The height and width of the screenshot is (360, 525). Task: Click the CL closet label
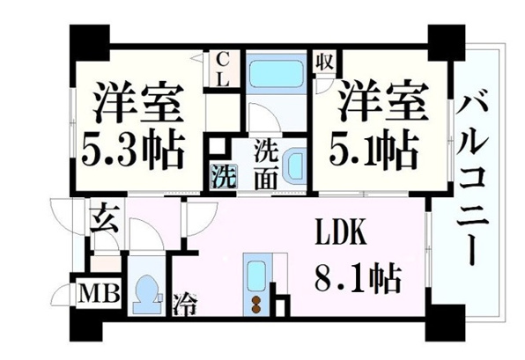pyautogui.click(x=222, y=70)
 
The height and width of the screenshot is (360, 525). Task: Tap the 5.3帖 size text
pyautogui.click(x=133, y=151)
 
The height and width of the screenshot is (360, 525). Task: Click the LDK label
pyautogui.click(x=341, y=232)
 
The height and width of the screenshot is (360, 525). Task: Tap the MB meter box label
pyautogui.click(x=98, y=293)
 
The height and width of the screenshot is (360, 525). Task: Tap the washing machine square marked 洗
pyautogui.click(x=224, y=176)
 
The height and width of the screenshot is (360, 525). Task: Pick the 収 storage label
pyautogui.click(x=325, y=62)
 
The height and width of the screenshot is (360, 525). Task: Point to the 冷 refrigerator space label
pyautogui.click(x=185, y=304)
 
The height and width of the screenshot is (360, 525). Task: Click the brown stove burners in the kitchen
pyautogui.click(x=257, y=305)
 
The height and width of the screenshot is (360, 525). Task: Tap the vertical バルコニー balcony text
pyautogui.click(x=470, y=180)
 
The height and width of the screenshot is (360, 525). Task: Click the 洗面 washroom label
pyautogui.click(x=266, y=165)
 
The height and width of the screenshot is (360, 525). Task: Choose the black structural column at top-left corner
pyautogui.click(x=90, y=42)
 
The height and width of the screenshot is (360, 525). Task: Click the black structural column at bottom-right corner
pyautogui.click(x=445, y=322)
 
